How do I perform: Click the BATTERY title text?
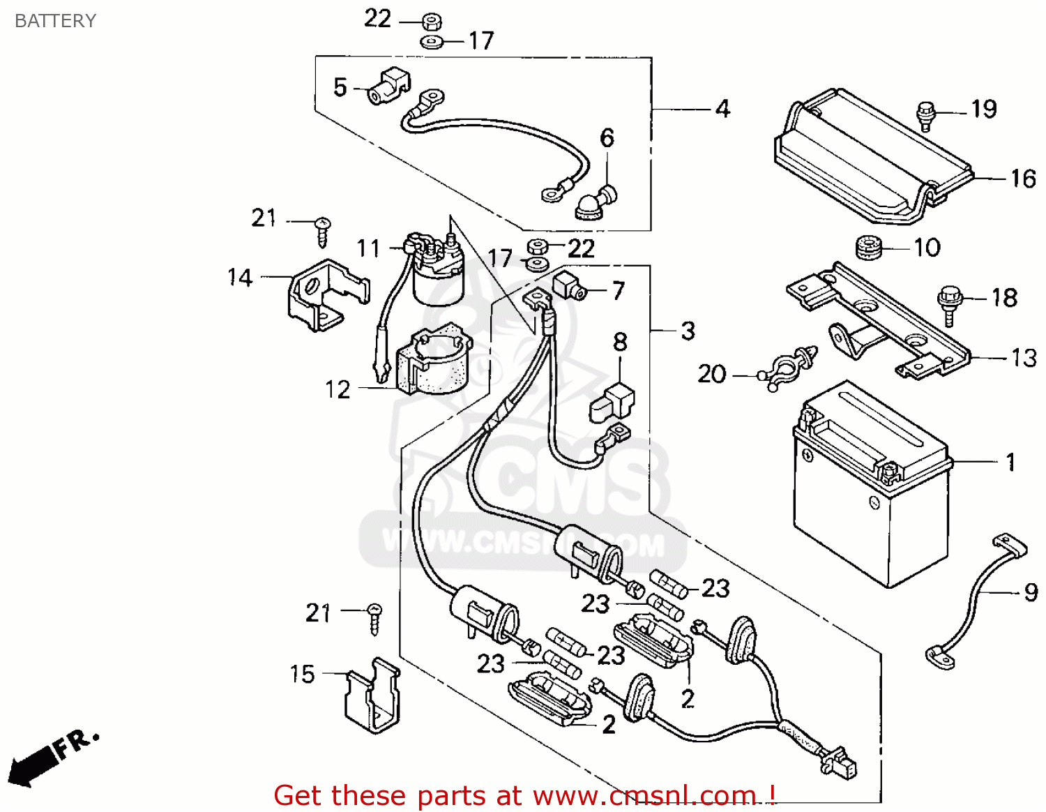[x=55, y=21]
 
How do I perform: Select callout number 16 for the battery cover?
[x=1023, y=179]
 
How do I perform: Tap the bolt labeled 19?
[x=925, y=115]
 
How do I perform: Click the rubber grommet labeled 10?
[x=869, y=248]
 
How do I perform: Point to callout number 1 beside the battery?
[x=1010, y=462]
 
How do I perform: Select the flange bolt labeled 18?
[x=949, y=303]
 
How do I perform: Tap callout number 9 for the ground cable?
[x=1031, y=592]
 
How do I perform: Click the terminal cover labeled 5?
[x=388, y=86]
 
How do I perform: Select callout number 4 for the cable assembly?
[x=722, y=109]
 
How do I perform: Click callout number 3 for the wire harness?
[x=688, y=331]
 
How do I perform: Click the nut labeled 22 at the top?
[x=431, y=20]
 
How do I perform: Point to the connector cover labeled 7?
[x=568, y=286]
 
